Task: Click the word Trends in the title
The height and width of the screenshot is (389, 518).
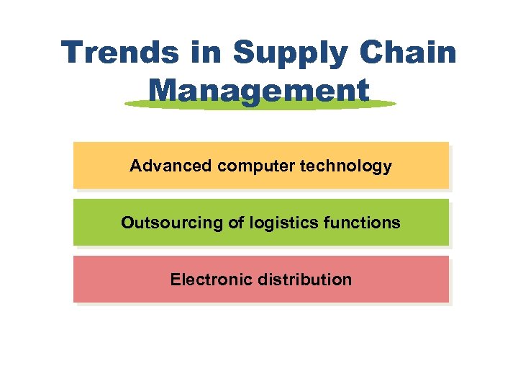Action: click(x=119, y=53)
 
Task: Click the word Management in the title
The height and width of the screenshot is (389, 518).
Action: click(x=259, y=91)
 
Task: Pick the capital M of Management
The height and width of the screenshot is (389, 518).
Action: click(x=165, y=91)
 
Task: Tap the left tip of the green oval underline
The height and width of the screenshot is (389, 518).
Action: click(x=127, y=104)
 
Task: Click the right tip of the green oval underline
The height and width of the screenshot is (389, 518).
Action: click(x=394, y=104)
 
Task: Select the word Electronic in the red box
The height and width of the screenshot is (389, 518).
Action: click(x=203, y=280)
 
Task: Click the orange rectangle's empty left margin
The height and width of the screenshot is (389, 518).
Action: click(x=97, y=166)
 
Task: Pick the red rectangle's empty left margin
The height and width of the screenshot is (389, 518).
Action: click(x=115, y=280)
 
